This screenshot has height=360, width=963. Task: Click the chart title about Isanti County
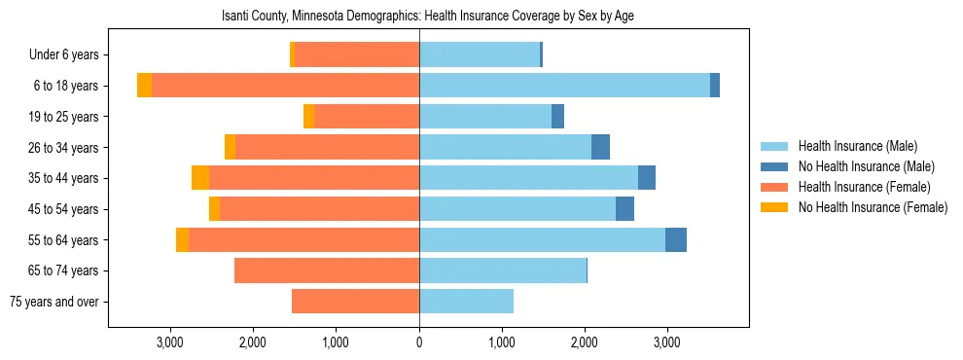tap(428, 17)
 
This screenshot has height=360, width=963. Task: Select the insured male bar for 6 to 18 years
tap(564, 86)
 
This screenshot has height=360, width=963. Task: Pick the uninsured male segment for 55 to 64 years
tap(676, 239)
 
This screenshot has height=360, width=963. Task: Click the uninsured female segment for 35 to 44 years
tap(200, 178)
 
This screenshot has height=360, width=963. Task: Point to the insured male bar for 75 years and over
tap(466, 302)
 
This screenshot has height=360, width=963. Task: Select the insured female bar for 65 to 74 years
tap(327, 270)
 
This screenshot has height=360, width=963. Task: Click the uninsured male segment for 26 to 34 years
tap(600, 147)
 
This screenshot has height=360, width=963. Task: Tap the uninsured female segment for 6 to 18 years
tap(144, 86)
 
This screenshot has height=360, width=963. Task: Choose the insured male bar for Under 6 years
tap(480, 54)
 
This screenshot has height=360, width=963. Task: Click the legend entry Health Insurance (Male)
tap(857, 146)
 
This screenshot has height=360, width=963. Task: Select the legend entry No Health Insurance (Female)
tap(873, 207)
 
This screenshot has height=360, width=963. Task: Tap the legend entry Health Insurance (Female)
tap(864, 187)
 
